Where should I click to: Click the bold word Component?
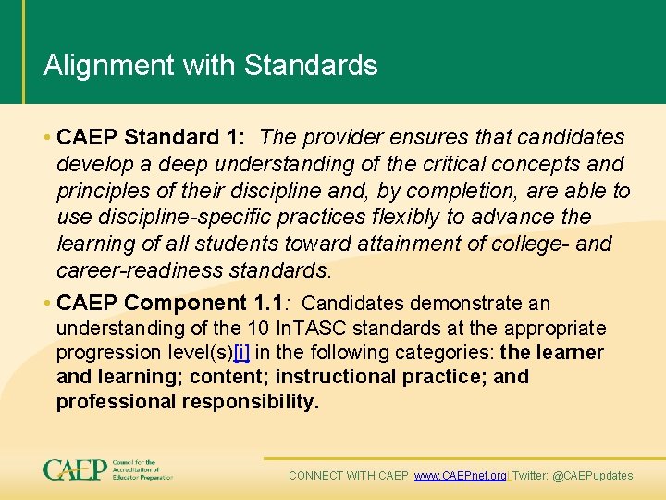pos(185,303)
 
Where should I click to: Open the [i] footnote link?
pos(241,353)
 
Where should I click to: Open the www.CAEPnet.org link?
pos(461,476)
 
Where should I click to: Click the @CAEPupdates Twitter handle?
pos(592,476)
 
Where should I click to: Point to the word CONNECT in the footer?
pos(315,476)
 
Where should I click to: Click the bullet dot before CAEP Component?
pos(46,304)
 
